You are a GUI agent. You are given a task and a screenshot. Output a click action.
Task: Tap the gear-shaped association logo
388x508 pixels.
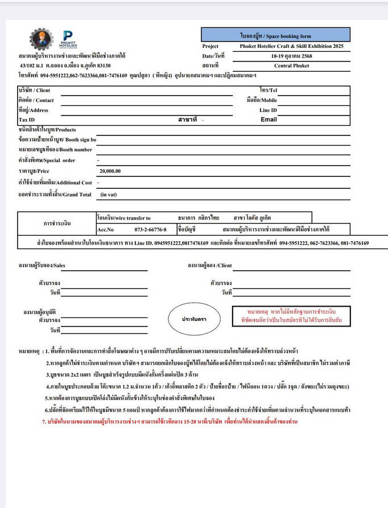pos(41,39)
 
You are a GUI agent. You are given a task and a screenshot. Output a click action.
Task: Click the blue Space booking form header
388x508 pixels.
pos(275,35)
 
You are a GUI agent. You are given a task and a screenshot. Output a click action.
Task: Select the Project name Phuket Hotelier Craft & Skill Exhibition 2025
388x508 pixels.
pos(292,46)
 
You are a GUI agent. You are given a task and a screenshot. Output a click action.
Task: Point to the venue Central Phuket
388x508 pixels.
pos(291,65)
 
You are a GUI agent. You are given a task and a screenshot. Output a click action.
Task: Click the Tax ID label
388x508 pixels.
pos(27,120)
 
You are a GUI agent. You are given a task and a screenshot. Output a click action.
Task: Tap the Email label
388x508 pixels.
pos(269,119)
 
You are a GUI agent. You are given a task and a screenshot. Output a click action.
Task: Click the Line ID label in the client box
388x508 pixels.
pos(268,110)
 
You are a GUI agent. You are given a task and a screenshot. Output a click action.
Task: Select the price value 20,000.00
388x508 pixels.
pos(110,171)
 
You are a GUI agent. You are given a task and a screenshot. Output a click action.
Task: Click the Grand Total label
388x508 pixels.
pos(55,195)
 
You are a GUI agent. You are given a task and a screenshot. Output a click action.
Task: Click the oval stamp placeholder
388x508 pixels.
pos(194,319)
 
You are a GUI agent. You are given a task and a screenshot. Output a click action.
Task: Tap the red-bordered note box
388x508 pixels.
pos(291,317)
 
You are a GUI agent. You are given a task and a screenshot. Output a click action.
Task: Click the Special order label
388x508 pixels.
pos(47,160)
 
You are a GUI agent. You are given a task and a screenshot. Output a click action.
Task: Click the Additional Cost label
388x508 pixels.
pos(55,183)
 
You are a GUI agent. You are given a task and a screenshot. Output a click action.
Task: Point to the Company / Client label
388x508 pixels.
pos(34,90)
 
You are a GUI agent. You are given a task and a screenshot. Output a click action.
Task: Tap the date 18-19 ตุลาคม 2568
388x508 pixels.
pos(291,56)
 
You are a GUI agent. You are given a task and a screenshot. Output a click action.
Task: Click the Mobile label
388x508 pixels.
pos(262,100)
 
